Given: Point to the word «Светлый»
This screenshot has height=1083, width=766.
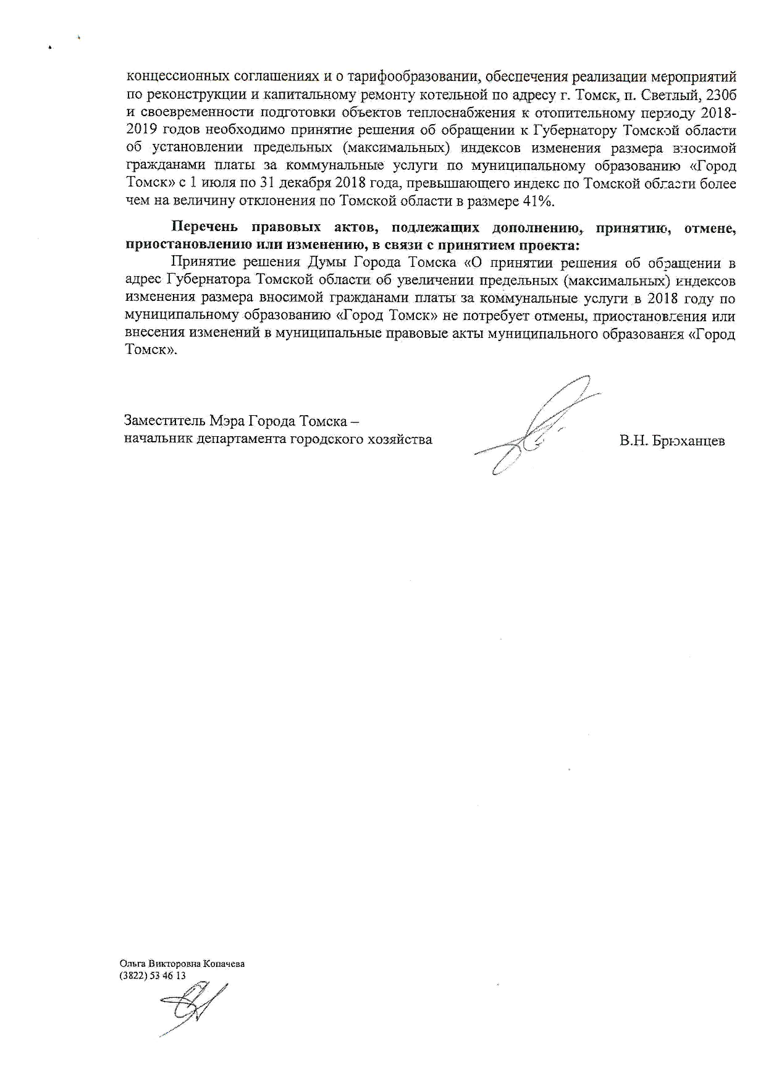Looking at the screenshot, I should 671,95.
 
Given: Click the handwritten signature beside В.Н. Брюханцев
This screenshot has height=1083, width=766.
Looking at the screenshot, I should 537,426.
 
